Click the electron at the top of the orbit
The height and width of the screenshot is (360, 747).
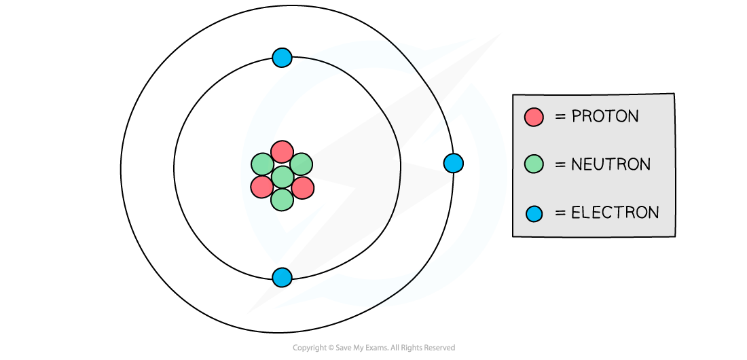pyautogui.click(x=282, y=58)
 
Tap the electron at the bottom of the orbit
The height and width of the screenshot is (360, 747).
pyautogui.click(x=282, y=277)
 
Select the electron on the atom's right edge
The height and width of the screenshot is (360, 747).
pyautogui.click(x=453, y=163)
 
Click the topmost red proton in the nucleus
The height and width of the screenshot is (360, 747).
pyautogui.click(x=282, y=152)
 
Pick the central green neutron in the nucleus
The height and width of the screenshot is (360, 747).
pyautogui.click(x=282, y=177)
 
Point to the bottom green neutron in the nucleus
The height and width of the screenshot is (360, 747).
pyautogui.click(x=282, y=199)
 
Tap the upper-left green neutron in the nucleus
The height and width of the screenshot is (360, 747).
pyautogui.click(x=262, y=164)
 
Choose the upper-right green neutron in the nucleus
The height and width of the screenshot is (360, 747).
pyautogui.click(x=302, y=164)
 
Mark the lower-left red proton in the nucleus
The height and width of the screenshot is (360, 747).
pyautogui.click(x=261, y=187)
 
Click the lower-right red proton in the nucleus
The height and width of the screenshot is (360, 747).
pyautogui.click(x=303, y=187)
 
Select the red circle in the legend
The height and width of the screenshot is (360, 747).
pyautogui.click(x=534, y=117)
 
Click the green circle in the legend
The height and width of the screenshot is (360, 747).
pyautogui.click(x=534, y=164)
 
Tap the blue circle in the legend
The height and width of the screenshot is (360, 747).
pyautogui.click(x=534, y=213)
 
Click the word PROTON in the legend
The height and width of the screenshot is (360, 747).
pyautogui.click(x=605, y=117)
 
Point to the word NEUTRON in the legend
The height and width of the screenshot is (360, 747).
pyautogui.click(x=611, y=164)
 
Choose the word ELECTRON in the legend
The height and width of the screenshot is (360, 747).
pyautogui.click(x=615, y=213)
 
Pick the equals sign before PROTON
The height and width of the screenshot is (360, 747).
pyautogui.click(x=560, y=117)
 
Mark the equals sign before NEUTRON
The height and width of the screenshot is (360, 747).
pyautogui.click(x=560, y=164)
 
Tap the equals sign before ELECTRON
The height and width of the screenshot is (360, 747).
pyautogui.click(x=560, y=213)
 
